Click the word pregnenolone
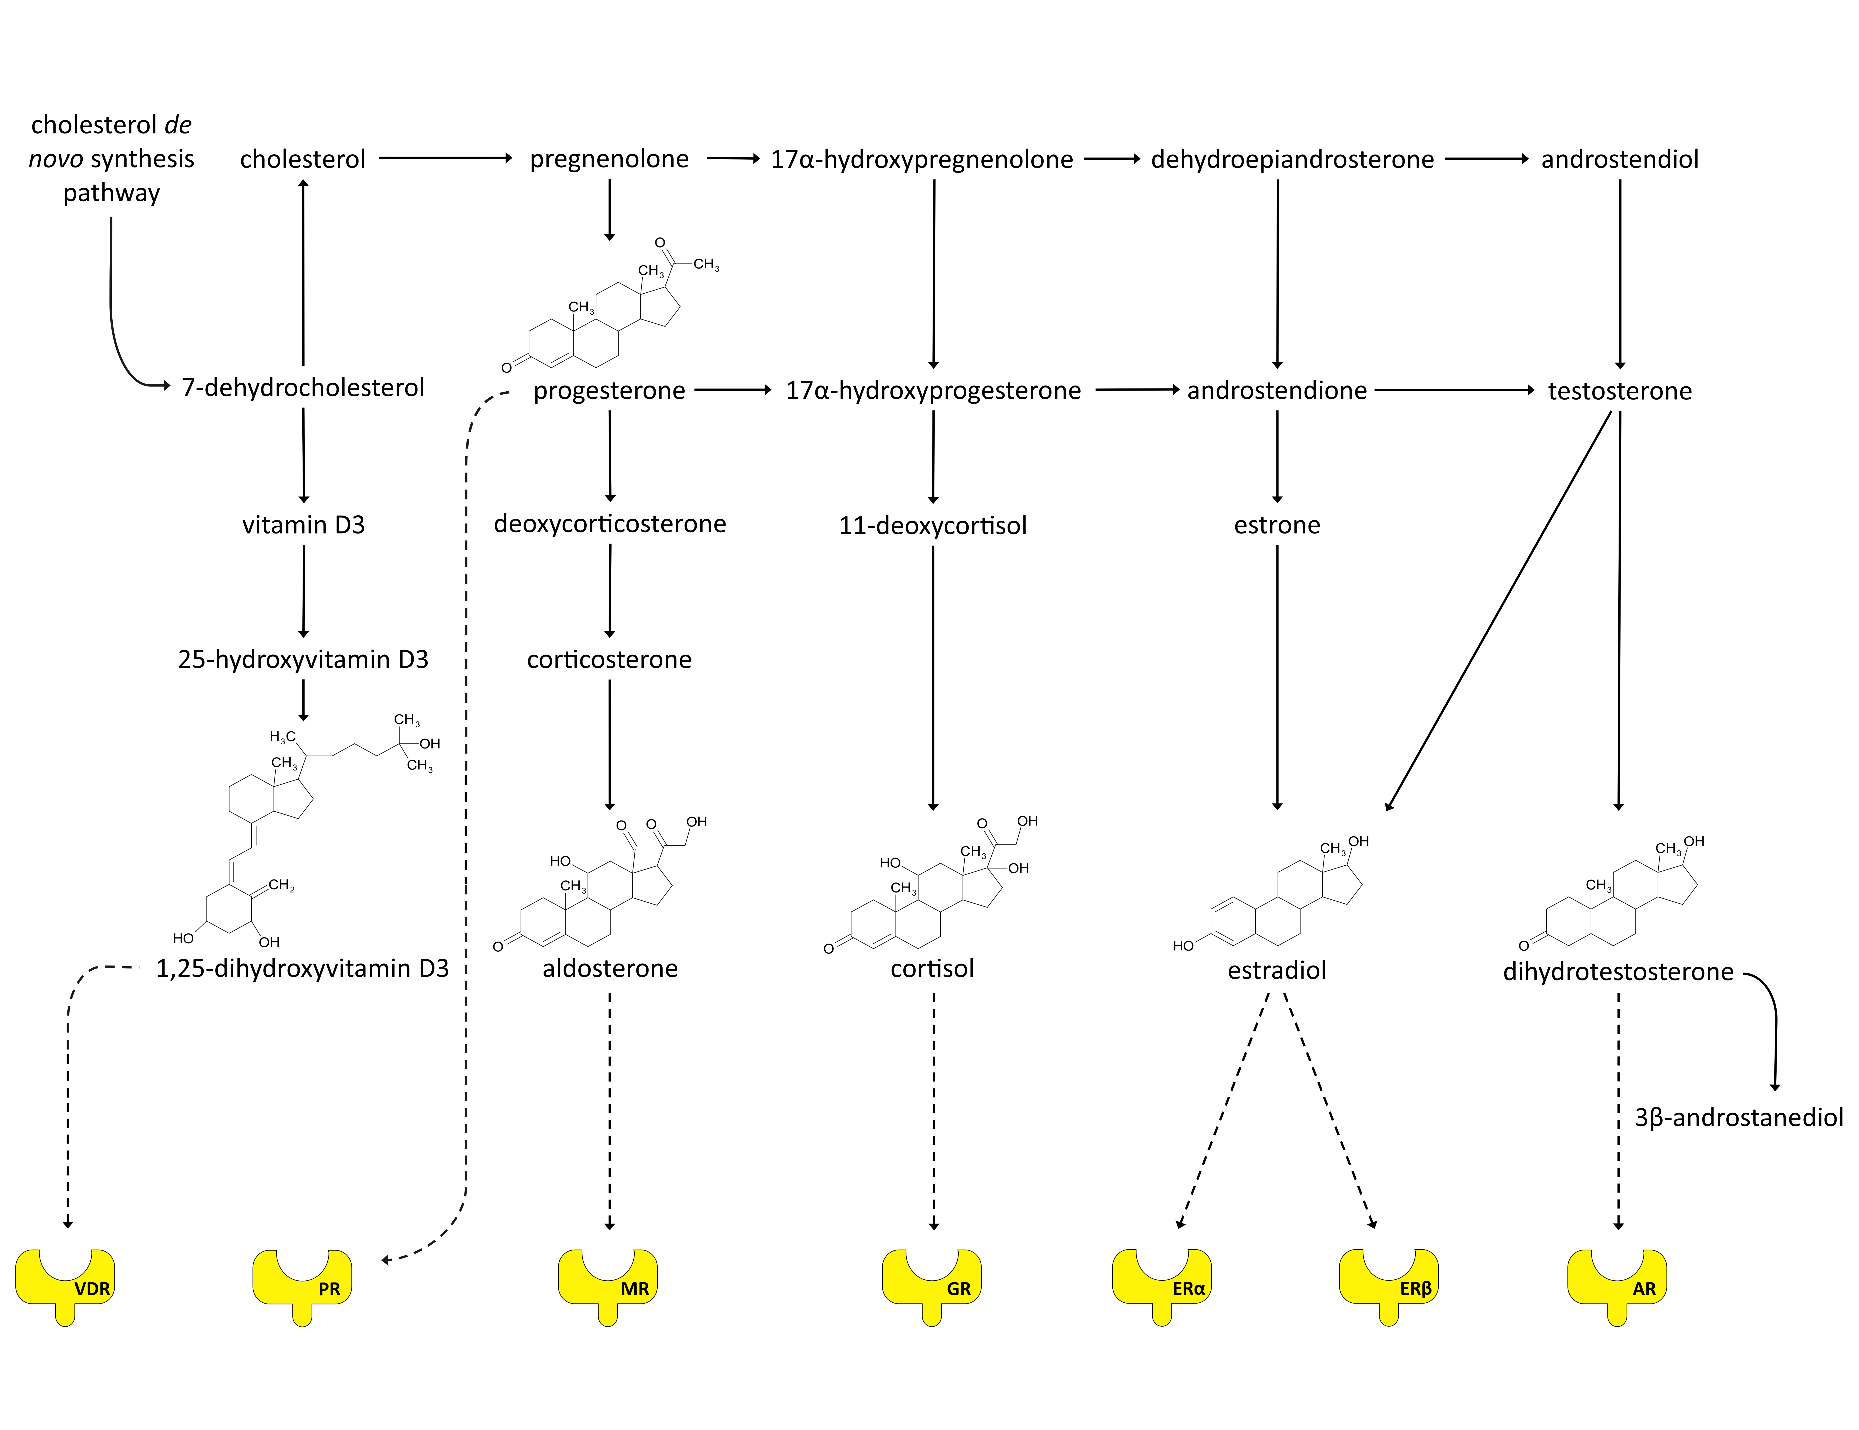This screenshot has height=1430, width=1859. pos(609,159)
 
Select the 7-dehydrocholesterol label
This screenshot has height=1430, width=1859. pos(303,388)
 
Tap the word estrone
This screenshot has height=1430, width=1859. pos(1277,525)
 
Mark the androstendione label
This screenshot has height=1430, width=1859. pos(1277,391)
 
